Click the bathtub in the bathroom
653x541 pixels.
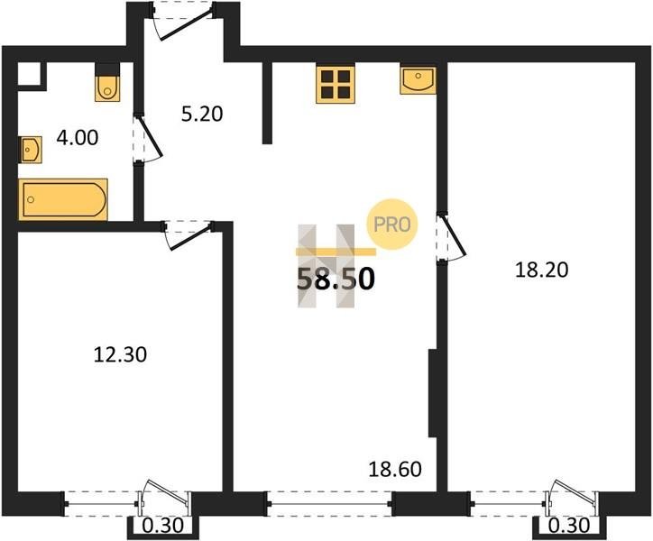point(63,199)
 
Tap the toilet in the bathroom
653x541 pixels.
point(107,87)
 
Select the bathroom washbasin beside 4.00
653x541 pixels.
point(31,150)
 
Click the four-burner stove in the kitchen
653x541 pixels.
point(336,84)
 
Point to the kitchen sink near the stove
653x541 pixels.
point(418,80)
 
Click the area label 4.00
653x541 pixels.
point(78,138)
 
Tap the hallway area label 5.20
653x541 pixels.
point(202,114)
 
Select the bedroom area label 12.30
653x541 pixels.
point(120,355)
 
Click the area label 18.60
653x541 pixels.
point(395,470)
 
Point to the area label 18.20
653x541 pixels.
point(541,270)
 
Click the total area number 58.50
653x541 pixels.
point(336,279)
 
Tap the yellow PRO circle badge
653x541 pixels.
point(391,225)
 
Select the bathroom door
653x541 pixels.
point(148,138)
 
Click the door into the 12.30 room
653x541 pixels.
point(188,235)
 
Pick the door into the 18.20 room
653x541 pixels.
point(452,237)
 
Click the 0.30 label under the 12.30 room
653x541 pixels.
point(163,526)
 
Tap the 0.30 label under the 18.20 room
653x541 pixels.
point(569,526)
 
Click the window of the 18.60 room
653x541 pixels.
point(329,503)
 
